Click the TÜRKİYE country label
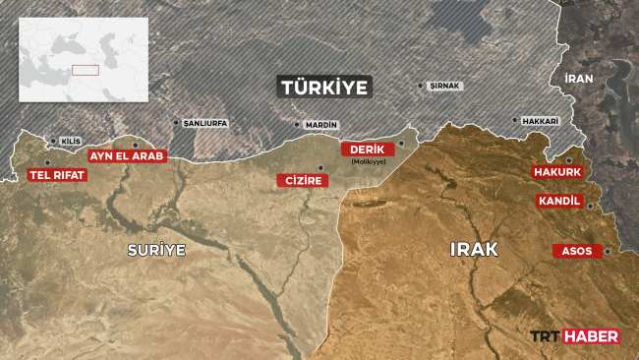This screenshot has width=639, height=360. pyautogui.click(x=324, y=87)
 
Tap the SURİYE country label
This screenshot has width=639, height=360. pyautogui.click(x=156, y=250)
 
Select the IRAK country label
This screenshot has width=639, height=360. pyautogui.click(x=474, y=250)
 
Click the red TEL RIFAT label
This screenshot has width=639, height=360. pyautogui.click(x=58, y=175)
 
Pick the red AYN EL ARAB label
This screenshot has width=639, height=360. pyautogui.click(x=127, y=155)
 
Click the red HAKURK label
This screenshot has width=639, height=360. pyautogui.click(x=556, y=172)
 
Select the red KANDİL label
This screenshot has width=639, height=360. pyautogui.click(x=560, y=201)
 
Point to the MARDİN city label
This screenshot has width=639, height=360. pyautogui.click(x=321, y=126)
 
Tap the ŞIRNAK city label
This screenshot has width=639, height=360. pyautogui.click(x=445, y=87)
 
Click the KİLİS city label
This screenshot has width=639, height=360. pyautogui.click(x=71, y=142)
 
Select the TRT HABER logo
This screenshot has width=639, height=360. pyautogui.click(x=574, y=336)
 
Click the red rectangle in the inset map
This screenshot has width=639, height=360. pyautogui.click(x=85, y=70)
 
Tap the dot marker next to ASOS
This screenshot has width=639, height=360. pyautogui.click(x=608, y=251)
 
